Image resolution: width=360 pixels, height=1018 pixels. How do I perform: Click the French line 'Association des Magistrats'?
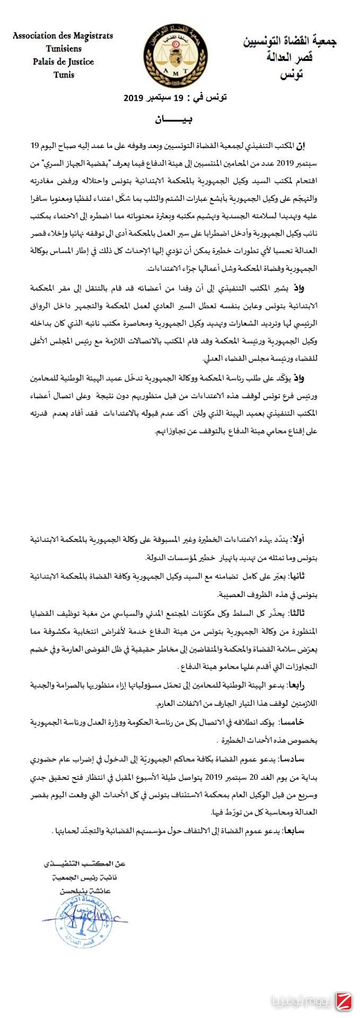tap(63, 36)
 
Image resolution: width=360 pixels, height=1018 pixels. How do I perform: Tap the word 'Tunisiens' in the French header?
tap(64, 49)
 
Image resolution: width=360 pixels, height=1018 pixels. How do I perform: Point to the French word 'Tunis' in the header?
tap(64, 75)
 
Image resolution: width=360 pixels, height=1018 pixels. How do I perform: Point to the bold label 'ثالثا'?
tap(306, 613)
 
